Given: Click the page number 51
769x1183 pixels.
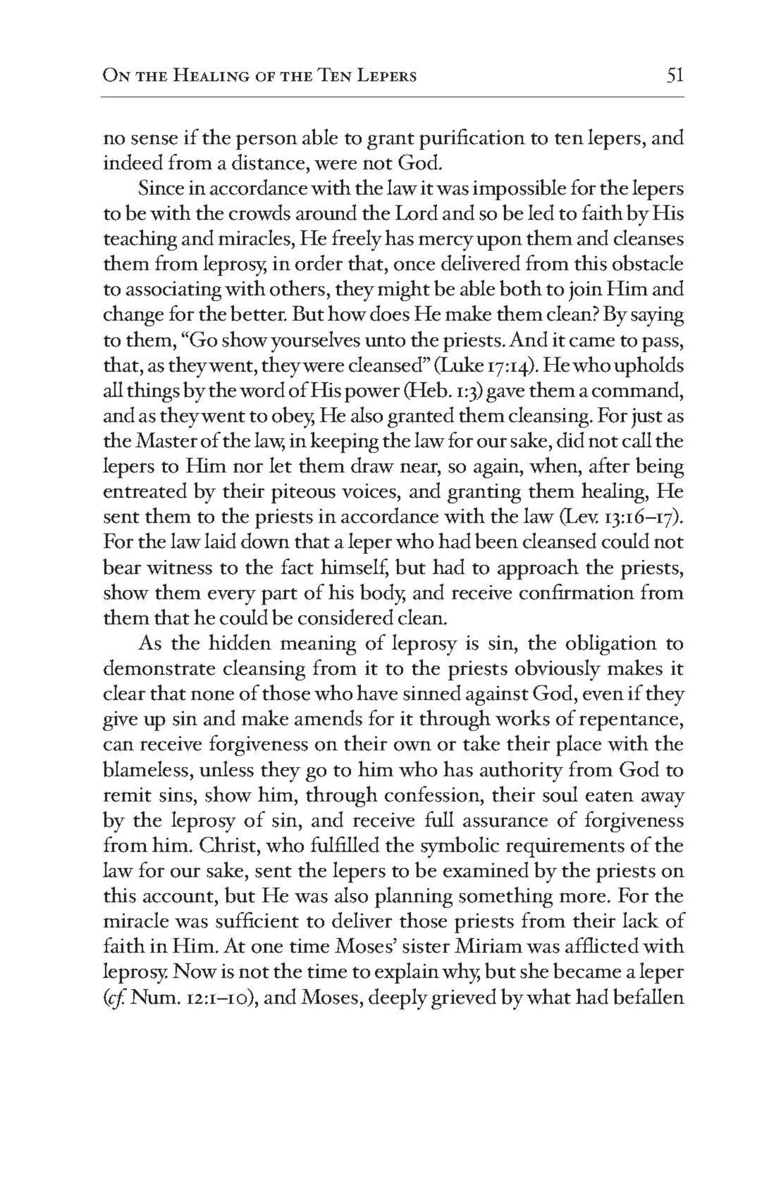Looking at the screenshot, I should (675, 76).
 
